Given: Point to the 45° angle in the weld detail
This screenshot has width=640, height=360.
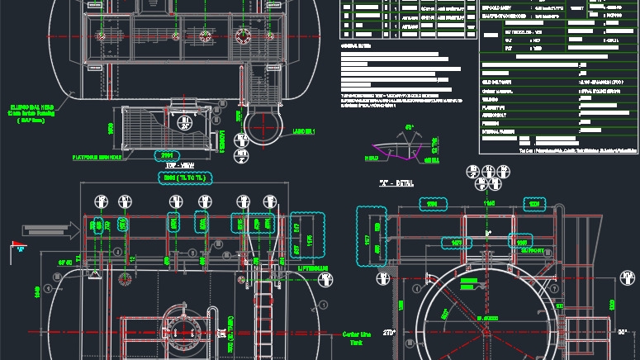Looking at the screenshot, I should (x=408, y=128).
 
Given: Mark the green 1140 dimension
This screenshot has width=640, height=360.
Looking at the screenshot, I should (x=489, y=202).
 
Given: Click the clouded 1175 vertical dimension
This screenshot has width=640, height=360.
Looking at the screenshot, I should (x=310, y=241).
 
